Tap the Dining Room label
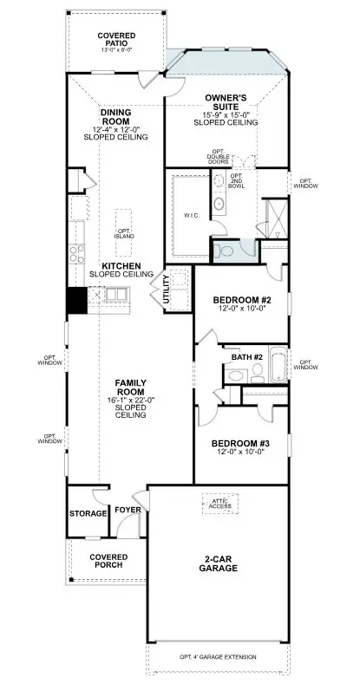coord(115,117)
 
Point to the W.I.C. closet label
coord(193,215)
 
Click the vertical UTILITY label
coord(167,290)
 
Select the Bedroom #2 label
coord(243,301)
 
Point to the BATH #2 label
coord(246,355)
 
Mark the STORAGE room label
coord(87,513)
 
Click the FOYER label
coord(128,510)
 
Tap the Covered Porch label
coord(108,560)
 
